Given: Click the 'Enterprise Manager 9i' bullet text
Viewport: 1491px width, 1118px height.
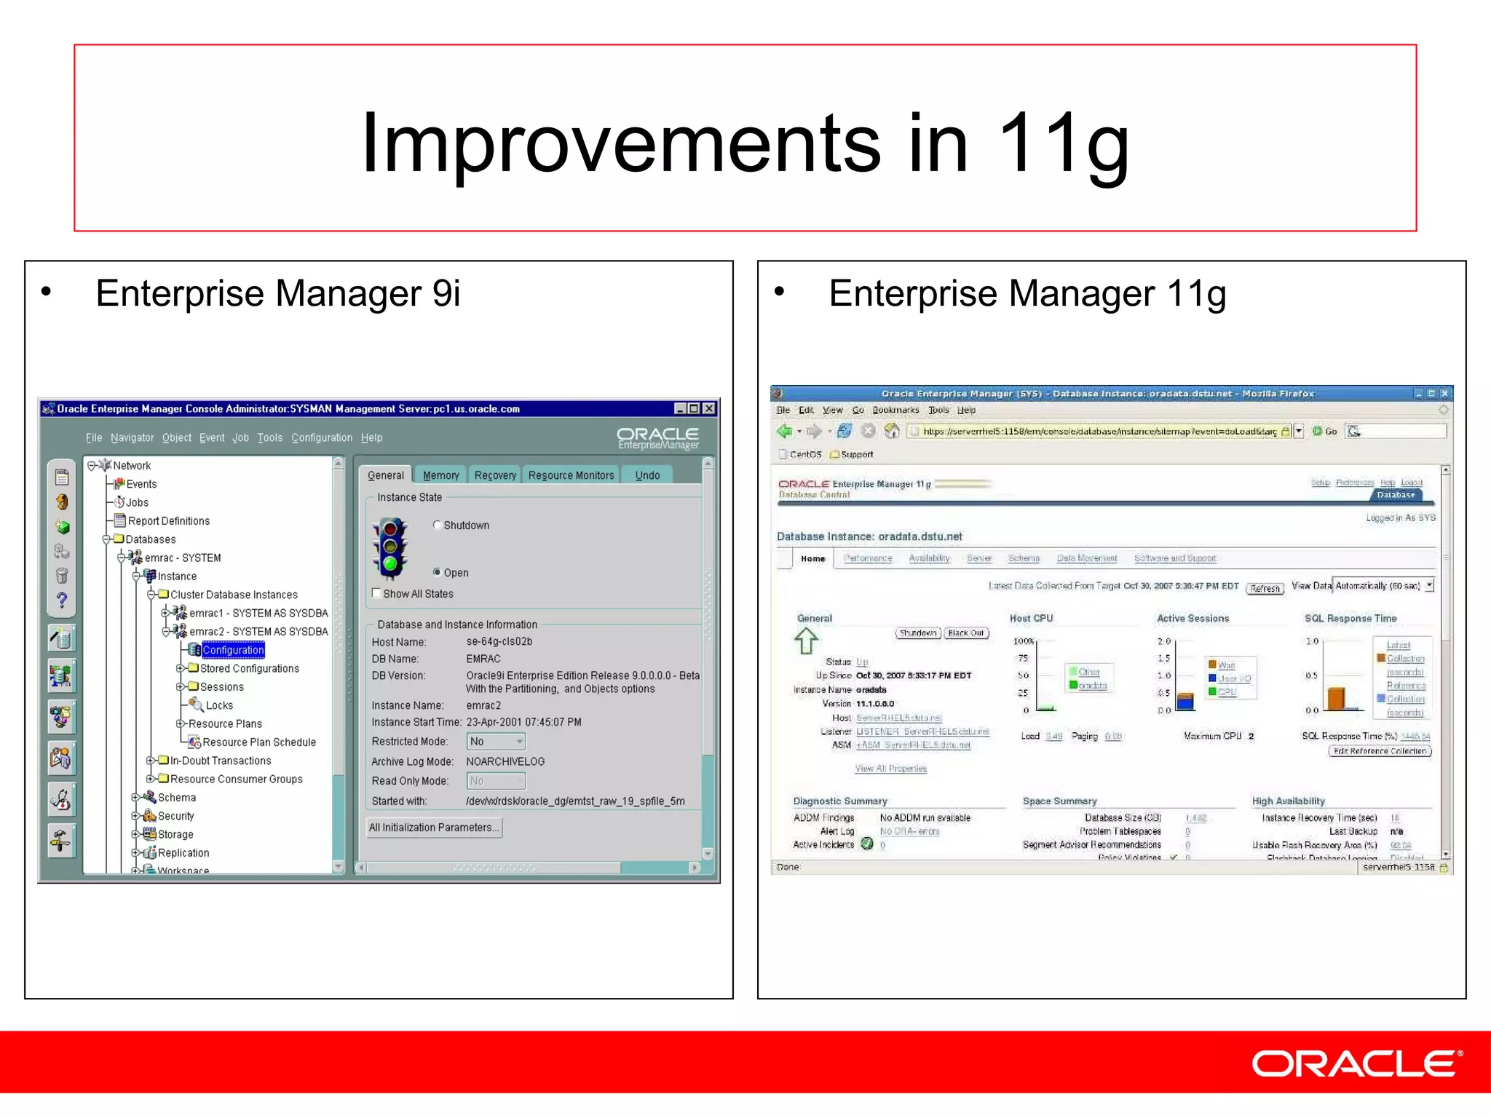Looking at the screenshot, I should tap(277, 293).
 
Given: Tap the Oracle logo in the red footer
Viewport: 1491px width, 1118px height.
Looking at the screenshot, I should tap(1356, 1063).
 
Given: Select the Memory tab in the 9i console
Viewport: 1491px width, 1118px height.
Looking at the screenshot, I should tap(440, 475).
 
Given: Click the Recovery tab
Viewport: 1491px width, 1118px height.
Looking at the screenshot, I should tap(495, 475).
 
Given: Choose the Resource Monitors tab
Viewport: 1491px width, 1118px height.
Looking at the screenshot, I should tap(571, 475).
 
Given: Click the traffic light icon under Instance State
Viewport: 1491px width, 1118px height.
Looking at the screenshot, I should tap(389, 547).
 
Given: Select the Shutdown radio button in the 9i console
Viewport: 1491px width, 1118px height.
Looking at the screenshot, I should tap(437, 525).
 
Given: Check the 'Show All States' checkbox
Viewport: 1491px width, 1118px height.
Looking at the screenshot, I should tap(376, 593).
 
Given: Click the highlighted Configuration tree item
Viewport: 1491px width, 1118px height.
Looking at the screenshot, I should tap(233, 650).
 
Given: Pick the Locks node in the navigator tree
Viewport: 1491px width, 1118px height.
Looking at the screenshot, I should tap(218, 705).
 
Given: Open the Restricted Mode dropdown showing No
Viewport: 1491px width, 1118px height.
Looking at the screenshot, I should tap(497, 741).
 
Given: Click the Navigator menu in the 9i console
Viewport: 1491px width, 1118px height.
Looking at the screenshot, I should tap(132, 437).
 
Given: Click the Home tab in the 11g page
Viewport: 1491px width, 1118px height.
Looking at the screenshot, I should tap(812, 559).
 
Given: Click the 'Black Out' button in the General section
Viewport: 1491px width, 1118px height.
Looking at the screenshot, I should tap(965, 633).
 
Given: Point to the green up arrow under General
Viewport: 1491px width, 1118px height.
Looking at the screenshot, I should tap(806, 641).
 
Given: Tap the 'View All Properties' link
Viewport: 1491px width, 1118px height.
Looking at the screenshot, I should tap(890, 769).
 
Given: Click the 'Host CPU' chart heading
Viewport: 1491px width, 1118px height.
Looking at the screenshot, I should tap(1031, 619).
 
